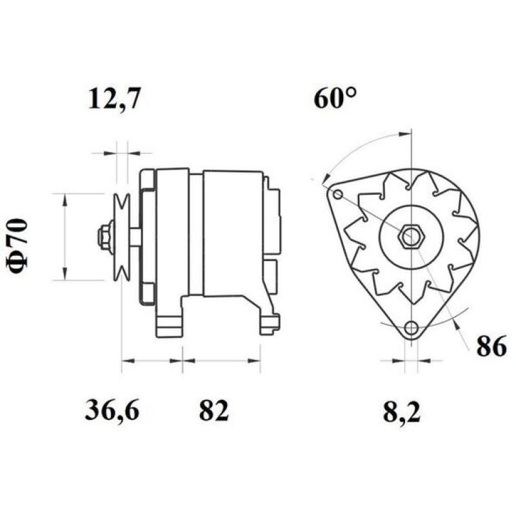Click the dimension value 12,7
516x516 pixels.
click(x=114, y=100)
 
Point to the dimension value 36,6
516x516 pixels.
click(x=112, y=410)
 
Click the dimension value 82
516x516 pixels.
click(x=213, y=410)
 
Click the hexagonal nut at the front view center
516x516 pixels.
click(x=408, y=237)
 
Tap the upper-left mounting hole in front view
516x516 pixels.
click(x=337, y=194)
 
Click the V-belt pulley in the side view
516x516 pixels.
click(x=121, y=237)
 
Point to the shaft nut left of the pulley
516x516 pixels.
click(x=103, y=237)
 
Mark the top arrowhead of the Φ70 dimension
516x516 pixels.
click(x=64, y=198)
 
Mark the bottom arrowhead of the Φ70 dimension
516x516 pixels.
click(x=64, y=275)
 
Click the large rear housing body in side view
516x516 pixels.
click(x=232, y=232)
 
